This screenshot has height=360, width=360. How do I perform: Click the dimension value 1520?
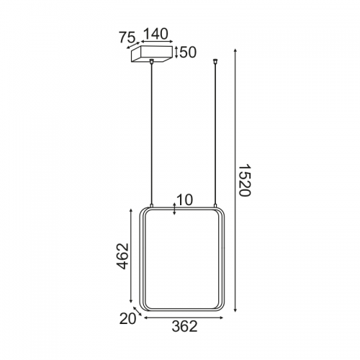[245, 180]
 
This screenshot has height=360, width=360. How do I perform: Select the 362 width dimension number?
[184, 326]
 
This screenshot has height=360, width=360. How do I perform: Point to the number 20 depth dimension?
[127, 319]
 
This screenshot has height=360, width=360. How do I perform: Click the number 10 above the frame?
[184, 200]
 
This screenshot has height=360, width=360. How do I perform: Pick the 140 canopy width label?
[156, 34]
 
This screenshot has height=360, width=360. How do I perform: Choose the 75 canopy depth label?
[127, 37]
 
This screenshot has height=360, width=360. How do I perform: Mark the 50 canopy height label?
[188, 53]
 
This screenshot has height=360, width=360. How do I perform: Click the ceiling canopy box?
[152, 54]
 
